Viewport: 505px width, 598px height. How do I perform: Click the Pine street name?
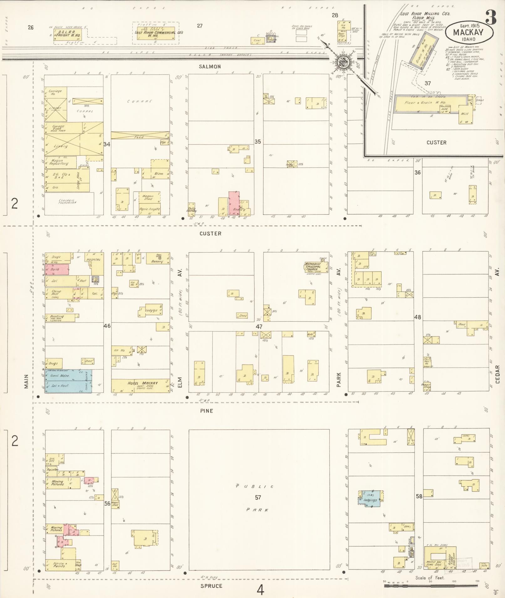coord(206,411)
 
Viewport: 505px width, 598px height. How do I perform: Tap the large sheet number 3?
coord(491,17)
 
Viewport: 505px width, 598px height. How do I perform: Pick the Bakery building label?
coord(157,261)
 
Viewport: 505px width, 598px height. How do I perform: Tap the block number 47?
coord(259,327)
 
